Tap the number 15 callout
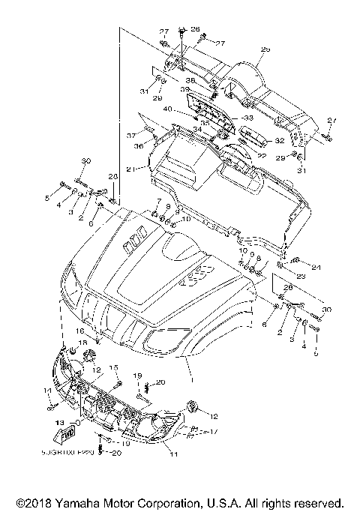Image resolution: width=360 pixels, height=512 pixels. pos(115,367)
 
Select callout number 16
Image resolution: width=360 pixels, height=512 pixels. pos(80,331)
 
